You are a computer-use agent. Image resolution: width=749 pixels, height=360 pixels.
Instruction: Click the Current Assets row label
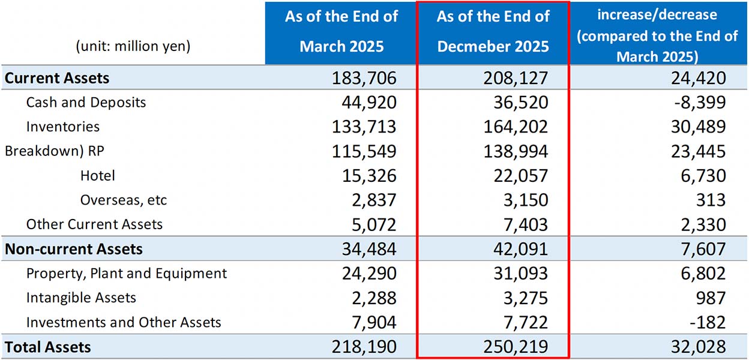[57, 78]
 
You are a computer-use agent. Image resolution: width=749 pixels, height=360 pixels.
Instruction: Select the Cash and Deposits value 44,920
[364, 103]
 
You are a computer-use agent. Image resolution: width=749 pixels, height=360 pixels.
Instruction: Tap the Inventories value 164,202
[516, 127]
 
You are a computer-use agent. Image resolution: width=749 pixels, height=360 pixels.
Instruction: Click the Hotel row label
[97, 176]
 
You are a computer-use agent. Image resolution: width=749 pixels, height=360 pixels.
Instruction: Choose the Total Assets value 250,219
[516, 347]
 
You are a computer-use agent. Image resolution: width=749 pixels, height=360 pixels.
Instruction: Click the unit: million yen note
[133, 46]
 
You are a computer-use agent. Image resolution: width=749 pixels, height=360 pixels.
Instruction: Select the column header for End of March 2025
[341, 31]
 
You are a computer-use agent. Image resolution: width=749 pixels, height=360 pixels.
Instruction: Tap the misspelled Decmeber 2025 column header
[493, 31]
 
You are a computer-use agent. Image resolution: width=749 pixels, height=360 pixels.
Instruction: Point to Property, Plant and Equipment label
[127, 274]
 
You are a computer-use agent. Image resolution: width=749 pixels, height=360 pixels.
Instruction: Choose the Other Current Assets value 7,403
[523, 225]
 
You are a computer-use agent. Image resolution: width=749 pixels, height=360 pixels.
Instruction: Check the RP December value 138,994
[516, 151]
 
